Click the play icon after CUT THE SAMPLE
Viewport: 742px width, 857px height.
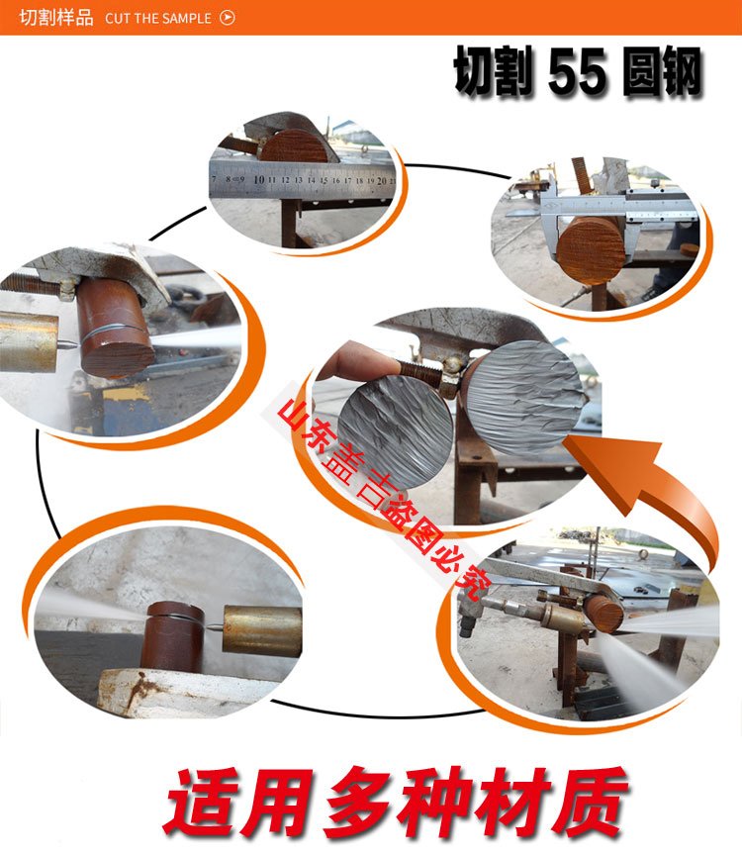pyautogui.click(x=228, y=18)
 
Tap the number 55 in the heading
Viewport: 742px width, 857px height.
pyautogui.click(x=577, y=71)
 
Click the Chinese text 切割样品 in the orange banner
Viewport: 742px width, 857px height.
pyautogui.click(x=56, y=18)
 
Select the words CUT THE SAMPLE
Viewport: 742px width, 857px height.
pyautogui.click(x=158, y=18)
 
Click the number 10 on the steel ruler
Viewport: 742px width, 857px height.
pyautogui.click(x=259, y=179)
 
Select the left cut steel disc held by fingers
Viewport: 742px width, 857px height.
pyautogui.click(x=396, y=428)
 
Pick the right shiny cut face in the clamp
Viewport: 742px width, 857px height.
pyautogui.click(x=525, y=396)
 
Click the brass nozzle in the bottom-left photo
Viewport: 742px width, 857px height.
pyautogui.click(x=262, y=630)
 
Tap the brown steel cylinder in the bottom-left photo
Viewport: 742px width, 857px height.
pyautogui.click(x=172, y=635)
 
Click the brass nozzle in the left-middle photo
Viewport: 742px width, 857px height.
pyautogui.click(x=29, y=342)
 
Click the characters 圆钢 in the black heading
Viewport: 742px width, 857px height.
pyautogui.click(x=662, y=71)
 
